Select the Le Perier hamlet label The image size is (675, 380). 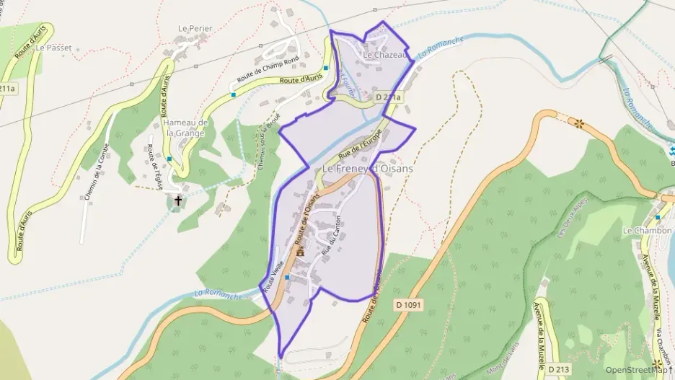195,29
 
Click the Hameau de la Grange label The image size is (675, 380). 186,128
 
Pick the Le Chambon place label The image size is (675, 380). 647,231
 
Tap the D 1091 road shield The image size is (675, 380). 408,305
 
